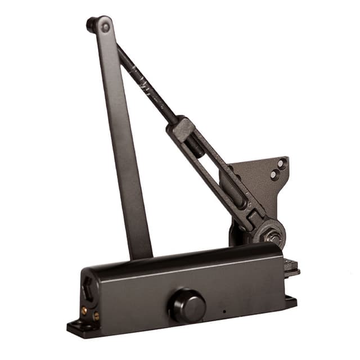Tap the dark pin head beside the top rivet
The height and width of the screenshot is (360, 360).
91,24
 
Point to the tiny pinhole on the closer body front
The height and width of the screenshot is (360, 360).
223,310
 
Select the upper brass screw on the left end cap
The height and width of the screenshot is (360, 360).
84,310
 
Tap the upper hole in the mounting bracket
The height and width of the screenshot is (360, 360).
281,164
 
